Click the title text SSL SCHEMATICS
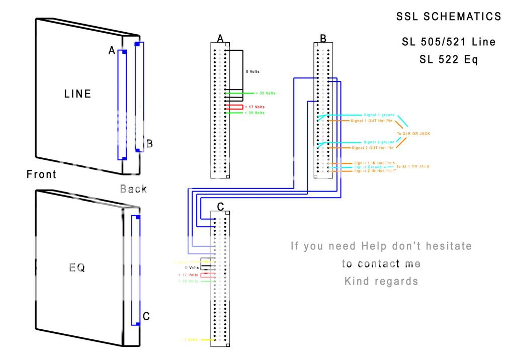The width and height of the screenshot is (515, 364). pyautogui.click(x=449, y=17)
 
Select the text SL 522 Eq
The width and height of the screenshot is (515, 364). pyautogui.click(x=449, y=59)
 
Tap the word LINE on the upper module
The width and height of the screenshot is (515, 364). pyautogui.click(x=77, y=94)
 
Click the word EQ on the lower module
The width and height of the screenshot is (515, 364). pyautogui.click(x=76, y=268)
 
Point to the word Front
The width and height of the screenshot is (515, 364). pyautogui.click(x=41, y=174)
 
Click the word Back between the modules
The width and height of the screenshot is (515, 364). pyautogui.click(x=134, y=189)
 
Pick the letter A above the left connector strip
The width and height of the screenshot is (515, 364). pyautogui.click(x=220, y=39)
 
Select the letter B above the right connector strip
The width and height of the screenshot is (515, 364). pyautogui.click(x=323, y=39)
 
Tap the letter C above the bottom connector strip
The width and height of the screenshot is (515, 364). pyautogui.click(x=220, y=207)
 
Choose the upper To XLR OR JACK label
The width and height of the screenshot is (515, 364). pyautogui.click(x=413, y=134)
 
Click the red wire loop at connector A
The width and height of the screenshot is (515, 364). pyautogui.click(x=234, y=107)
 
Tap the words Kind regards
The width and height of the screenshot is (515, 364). pyautogui.click(x=381, y=281)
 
